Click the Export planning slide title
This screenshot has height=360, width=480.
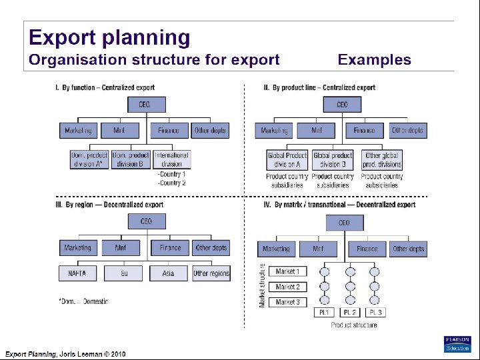click(x=109, y=37)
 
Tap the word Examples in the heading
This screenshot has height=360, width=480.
click(x=374, y=60)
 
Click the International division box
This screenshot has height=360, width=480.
click(x=171, y=159)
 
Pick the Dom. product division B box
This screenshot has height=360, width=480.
click(x=131, y=159)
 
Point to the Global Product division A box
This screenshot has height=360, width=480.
click(x=287, y=159)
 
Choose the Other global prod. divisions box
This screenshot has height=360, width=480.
click(x=382, y=159)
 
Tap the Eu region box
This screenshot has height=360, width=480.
click(x=124, y=273)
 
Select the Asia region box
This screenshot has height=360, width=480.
click(x=168, y=273)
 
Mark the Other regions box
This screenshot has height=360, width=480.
click(x=211, y=273)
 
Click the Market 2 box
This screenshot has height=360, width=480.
click(x=287, y=287)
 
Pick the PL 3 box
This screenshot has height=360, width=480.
click(x=375, y=313)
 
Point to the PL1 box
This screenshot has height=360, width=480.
click(x=325, y=313)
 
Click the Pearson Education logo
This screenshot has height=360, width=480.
click(x=457, y=343)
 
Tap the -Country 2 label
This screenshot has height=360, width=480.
click(x=172, y=183)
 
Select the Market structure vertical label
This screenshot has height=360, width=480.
click(x=263, y=285)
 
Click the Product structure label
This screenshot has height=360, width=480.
click(x=354, y=325)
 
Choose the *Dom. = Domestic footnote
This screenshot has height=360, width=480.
click(x=83, y=301)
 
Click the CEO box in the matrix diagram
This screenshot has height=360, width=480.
click(x=344, y=223)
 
